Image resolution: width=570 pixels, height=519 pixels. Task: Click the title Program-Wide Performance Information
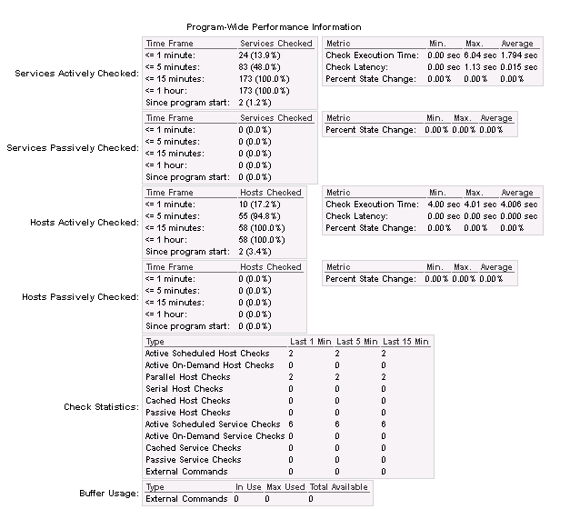pyautogui.click(x=274, y=27)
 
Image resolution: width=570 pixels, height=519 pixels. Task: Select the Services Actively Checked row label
pyautogui.click(x=77, y=74)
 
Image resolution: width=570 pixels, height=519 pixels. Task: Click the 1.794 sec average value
pyautogui.click(x=518, y=55)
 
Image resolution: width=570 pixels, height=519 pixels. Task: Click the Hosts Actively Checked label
pyautogui.click(x=85, y=223)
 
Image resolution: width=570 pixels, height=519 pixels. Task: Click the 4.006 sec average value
pyautogui.click(x=518, y=205)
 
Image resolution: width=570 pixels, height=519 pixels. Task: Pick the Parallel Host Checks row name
pyautogui.click(x=188, y=376)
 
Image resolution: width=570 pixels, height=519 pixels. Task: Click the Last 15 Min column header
pyautogui.click(x=405, y=342)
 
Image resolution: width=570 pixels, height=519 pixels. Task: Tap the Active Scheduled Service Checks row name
pyautogui.click(x=213, y=424)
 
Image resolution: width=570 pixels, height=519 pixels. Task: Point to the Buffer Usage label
pyautogui.click(x=109, y=494)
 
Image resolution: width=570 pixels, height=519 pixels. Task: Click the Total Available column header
pyautogui.click(x=338, y=487)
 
